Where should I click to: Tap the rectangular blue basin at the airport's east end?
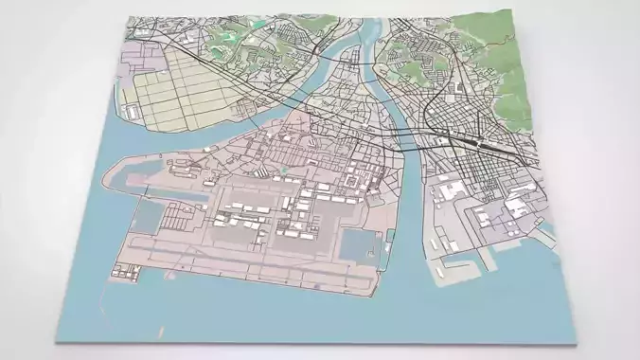pyautogui.click(x=358, y=244)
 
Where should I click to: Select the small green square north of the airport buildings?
pyautogui.click(x=282, y=171)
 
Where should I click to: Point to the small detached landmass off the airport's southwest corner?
pyautogui.click(x=123, y=275)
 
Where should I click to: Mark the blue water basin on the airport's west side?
pyautogui.click(x=150, y=213)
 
